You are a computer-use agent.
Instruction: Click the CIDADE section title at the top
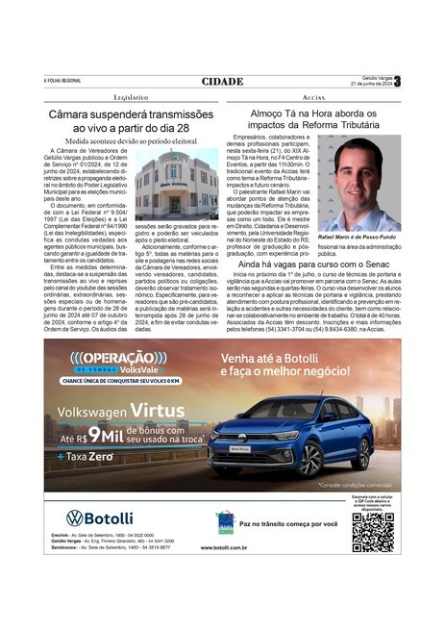tap(222, 82)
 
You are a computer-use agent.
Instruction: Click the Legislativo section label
tap(130, 98)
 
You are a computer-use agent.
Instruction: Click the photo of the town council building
tap(176, 187)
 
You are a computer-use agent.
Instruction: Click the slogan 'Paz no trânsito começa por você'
tap(288, 524)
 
